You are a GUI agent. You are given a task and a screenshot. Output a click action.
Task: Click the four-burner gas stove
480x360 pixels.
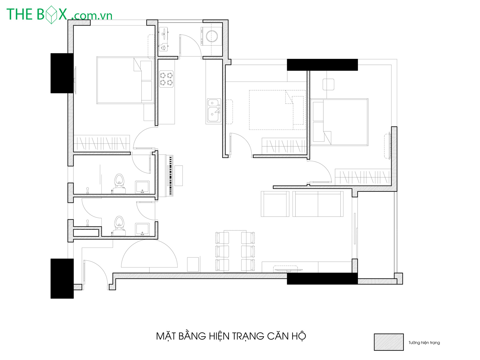coord(166,79)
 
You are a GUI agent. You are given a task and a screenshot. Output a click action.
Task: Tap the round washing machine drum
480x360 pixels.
coord(212,36)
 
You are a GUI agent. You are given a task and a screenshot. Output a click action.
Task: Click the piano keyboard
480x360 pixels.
coord(171,175)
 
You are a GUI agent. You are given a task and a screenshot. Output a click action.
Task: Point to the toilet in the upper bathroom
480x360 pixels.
coord(119,184)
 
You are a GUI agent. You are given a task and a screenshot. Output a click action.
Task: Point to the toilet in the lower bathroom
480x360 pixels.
coord(119,226)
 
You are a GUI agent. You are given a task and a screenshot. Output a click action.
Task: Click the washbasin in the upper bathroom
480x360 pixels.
coord(142,187)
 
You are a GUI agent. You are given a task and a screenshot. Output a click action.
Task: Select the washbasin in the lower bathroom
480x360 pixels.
coord(142,229)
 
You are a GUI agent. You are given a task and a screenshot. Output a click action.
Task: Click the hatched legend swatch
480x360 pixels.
coord(388,342)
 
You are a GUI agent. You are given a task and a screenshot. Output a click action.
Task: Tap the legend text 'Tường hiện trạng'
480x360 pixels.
coord(424,343)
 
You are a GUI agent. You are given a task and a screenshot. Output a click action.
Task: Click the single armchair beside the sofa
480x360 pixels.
coord(275,204)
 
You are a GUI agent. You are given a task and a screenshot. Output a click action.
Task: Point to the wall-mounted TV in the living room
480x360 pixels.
coord(288,270)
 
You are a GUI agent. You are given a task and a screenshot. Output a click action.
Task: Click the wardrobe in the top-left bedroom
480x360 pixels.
coord(102,143)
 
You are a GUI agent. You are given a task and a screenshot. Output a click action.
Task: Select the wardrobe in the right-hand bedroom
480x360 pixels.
coord(363,177)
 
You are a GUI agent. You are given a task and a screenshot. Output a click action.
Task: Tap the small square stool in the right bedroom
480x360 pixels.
coord(328,84)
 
